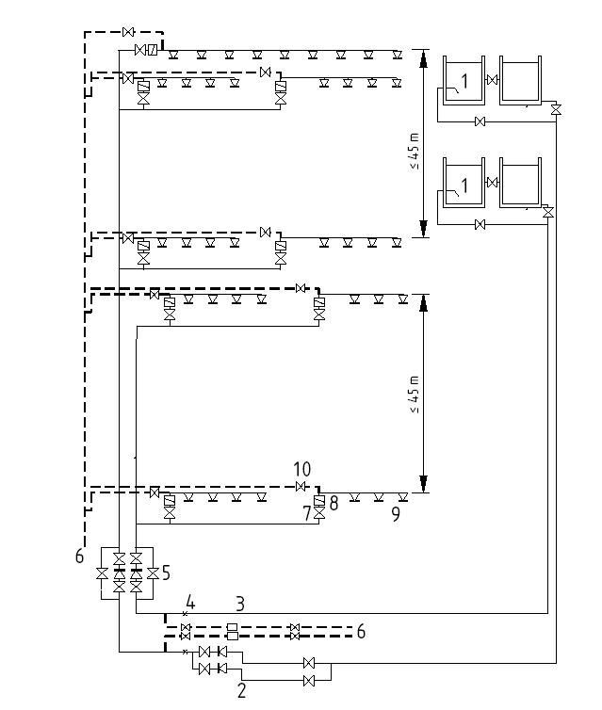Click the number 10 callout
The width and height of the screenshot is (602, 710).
[301, 470]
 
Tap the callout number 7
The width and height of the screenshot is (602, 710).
[307, 513]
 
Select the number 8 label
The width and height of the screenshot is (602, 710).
[334, 505]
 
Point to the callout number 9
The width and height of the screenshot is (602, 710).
[395, 513]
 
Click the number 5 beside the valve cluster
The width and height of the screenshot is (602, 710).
[166, 572]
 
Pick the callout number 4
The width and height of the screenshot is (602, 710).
[189, 602]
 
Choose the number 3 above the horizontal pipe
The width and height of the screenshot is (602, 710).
[240, 603]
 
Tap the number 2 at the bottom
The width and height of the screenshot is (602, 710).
[242, 690]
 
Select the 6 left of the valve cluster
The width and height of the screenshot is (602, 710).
[80, 557]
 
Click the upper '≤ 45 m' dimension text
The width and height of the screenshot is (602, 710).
[415, 151]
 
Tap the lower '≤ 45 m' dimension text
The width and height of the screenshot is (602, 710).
[415, 395]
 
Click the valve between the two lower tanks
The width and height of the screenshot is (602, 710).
[491, 182]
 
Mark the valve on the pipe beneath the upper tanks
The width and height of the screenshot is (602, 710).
[480, 121]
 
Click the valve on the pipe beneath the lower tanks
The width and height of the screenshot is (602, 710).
[480, 224]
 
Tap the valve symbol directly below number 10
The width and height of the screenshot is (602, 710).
[301, 487]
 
